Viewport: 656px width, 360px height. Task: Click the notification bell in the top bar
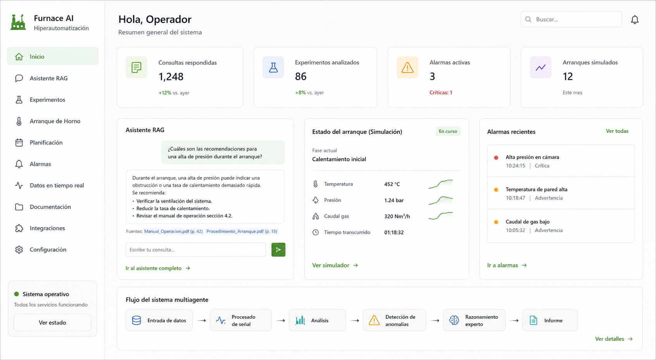pos(635,20)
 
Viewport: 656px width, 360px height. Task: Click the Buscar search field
pos(571,19)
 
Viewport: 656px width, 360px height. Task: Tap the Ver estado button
pos(52,322)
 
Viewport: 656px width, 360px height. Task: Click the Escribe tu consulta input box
pos(196,250)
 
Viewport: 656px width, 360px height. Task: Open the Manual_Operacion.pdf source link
pos(173,231)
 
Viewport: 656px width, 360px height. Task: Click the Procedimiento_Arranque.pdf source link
pos(242,231)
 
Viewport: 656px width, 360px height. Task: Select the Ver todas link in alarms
pos(617,131)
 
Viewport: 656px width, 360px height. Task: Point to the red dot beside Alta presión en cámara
pos(496,158)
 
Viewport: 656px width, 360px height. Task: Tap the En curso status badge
pos(448,131)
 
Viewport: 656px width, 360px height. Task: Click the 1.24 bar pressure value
pos(394,200)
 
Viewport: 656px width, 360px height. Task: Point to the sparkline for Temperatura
pos(441,184)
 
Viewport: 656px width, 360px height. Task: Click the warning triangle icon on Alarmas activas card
pos(407,68)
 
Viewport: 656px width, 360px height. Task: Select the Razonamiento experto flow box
pos(474,320)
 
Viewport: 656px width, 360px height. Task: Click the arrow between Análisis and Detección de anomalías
pos(355,320)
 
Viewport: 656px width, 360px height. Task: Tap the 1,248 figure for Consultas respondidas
pos(171,77)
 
